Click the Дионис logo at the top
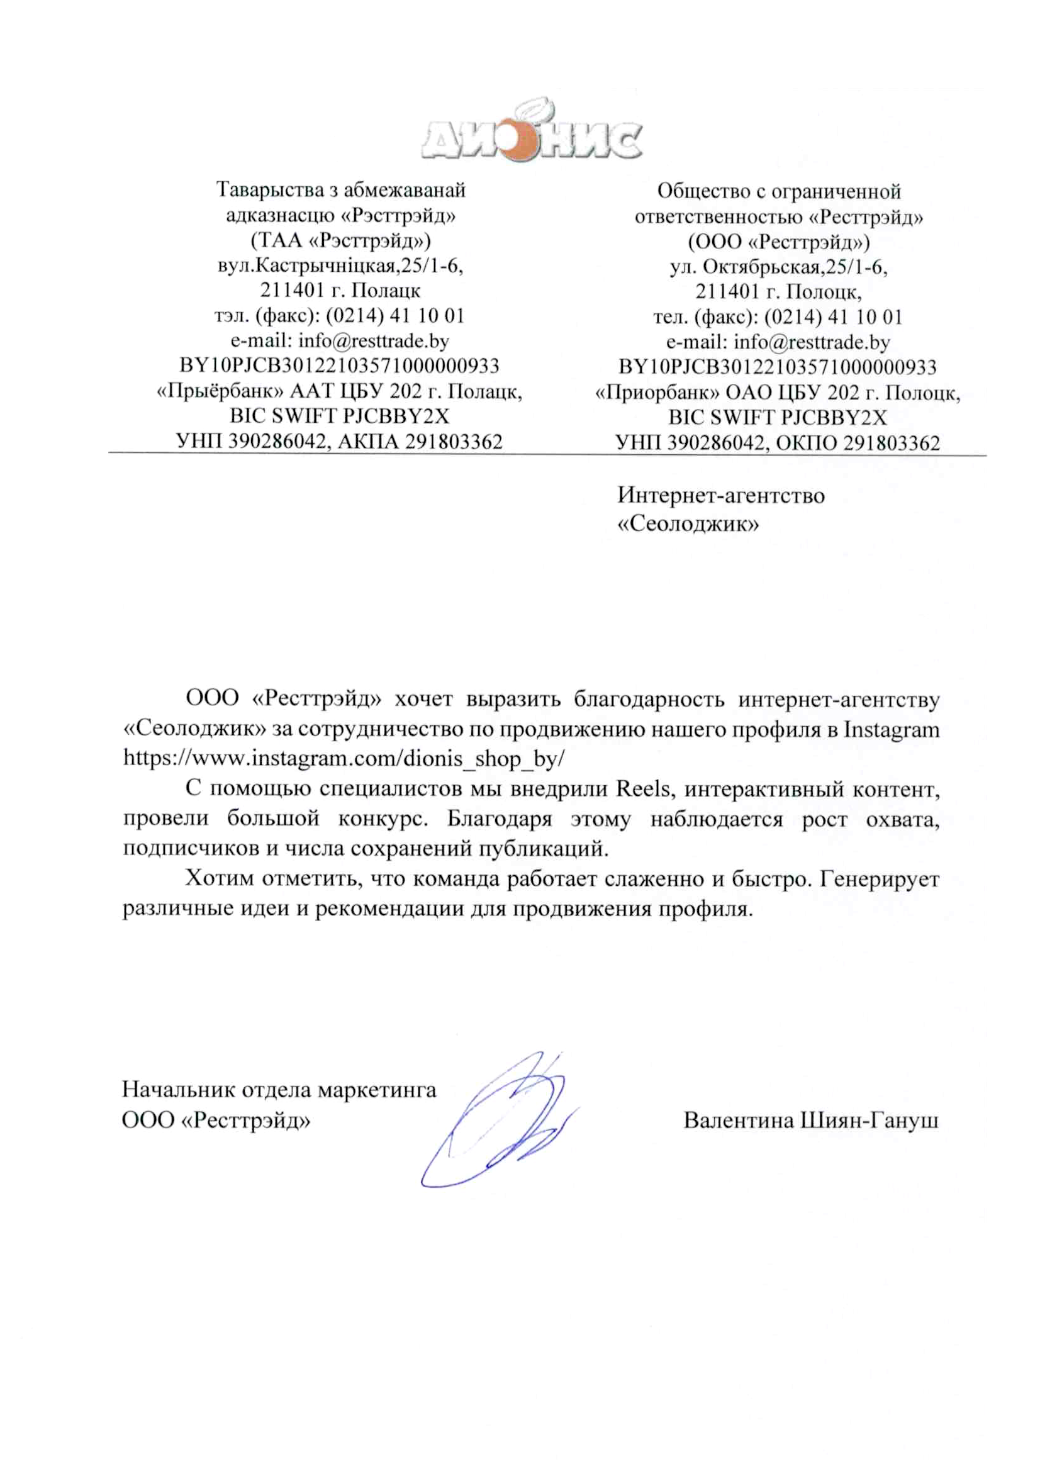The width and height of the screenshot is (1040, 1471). [x=531, y=133]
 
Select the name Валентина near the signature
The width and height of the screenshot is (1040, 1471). [x=738, y=1120]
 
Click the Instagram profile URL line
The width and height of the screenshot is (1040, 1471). [x=344, y=759]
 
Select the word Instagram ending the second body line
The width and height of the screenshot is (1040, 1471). [x=892, y=730]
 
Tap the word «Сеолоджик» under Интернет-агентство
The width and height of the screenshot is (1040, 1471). [x=688, y=524]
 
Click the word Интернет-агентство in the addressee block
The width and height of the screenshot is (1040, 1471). [x=721, y=495]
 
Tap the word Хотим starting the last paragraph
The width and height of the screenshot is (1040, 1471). [x=220, y=878]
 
